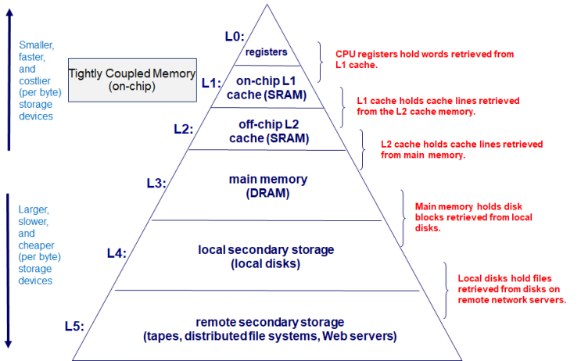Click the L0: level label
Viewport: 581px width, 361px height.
(x=234, y=36)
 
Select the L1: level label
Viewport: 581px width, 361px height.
(x=210, y=82)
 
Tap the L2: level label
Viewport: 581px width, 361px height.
(x=181, y=129)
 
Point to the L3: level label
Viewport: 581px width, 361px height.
(x=156, y=183)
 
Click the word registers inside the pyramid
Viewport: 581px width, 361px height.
(x=266, y=52)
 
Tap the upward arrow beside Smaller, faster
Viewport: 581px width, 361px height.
(x=9, y=78)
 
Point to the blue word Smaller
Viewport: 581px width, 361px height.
(x=35, y=45)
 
